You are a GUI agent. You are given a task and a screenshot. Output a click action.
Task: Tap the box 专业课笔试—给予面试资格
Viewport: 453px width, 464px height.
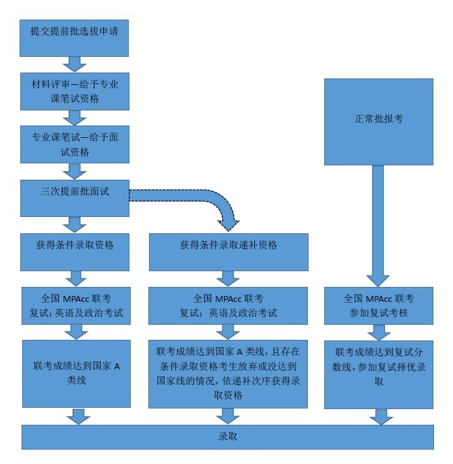[75, 144]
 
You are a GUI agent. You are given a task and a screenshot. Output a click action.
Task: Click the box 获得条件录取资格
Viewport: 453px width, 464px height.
[75, 252]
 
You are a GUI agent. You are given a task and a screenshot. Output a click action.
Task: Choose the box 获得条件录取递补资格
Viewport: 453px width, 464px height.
[228, 252]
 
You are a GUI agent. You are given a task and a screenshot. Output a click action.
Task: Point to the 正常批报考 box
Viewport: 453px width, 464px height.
[379, 120]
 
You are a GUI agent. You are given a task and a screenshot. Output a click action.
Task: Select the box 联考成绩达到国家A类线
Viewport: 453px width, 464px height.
[75, 373]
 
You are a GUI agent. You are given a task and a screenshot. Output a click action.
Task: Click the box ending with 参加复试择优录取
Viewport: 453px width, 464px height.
[379, 373]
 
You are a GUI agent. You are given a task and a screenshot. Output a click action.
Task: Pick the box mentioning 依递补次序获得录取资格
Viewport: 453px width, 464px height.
[228, 373]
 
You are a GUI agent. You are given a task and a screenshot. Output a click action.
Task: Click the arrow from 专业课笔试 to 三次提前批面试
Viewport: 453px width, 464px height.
[75, 171]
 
